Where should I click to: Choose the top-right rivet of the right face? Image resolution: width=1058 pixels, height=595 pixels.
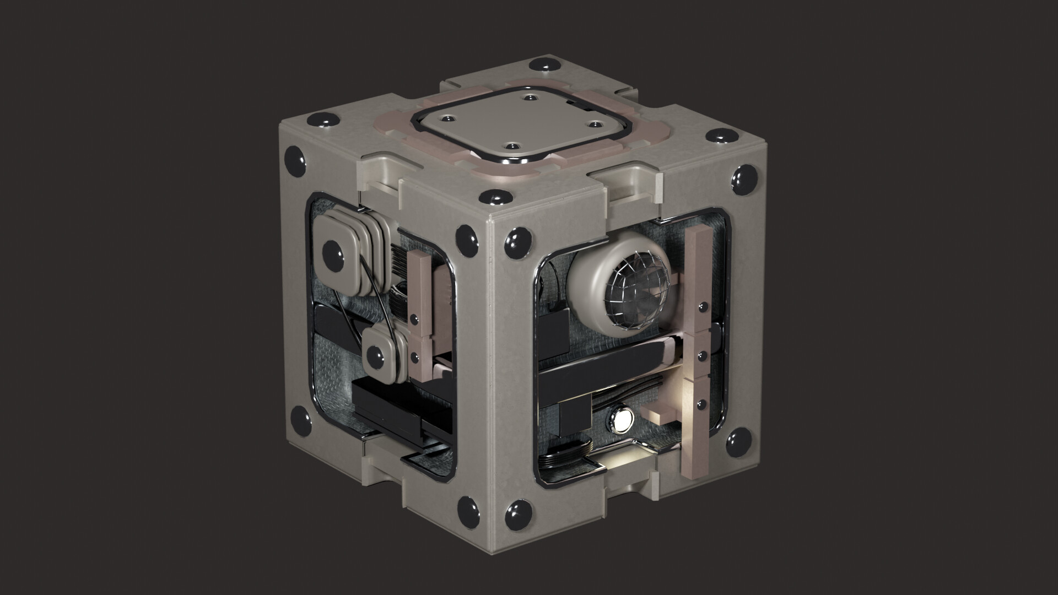pos(742,177)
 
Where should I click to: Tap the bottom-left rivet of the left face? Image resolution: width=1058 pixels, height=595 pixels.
pos(302,418)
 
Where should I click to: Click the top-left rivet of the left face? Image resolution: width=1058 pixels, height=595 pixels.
pos(296,160)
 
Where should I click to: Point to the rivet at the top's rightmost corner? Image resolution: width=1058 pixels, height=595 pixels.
pos(719,136)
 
